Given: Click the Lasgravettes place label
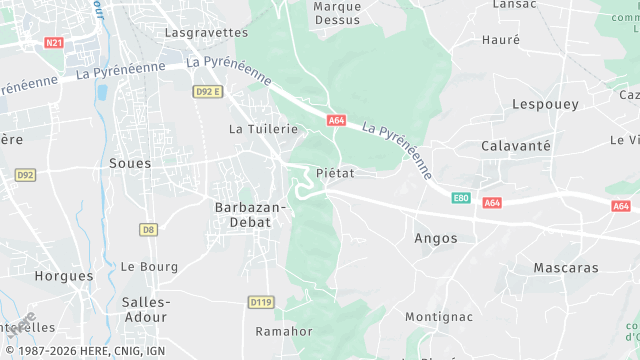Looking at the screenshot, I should [x=205, y=32].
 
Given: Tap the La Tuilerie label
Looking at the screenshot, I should [x=264, y=129].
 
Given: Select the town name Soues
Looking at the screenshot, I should [x=130, y=163].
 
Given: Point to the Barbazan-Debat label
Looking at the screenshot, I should [x=250, y=214].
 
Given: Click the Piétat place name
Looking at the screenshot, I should [x=335, y=173].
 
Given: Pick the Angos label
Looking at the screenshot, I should [x=436, y=238].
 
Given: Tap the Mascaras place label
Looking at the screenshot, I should [x=566, y=268].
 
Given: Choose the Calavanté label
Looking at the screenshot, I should [x=516, y=146].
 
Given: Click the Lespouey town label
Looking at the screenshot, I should [x=545, y=104].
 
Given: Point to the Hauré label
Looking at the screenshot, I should [x=501, y=40].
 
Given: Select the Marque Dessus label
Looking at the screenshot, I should [x=337, y=13].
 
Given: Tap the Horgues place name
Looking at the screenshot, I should [x=64, y=275].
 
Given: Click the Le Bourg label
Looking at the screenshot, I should [x=149, y=267].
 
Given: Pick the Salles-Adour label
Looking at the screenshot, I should [x=145, y=309].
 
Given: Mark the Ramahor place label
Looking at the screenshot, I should [x=284, y=331].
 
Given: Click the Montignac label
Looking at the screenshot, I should [x=438, y=317].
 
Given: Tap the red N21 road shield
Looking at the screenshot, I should [x=54, y=43].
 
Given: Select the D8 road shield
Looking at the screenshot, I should [x=148, y=229].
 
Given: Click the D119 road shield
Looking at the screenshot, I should [x=260, y=301].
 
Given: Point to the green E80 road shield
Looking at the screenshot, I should [x=461, y=198].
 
